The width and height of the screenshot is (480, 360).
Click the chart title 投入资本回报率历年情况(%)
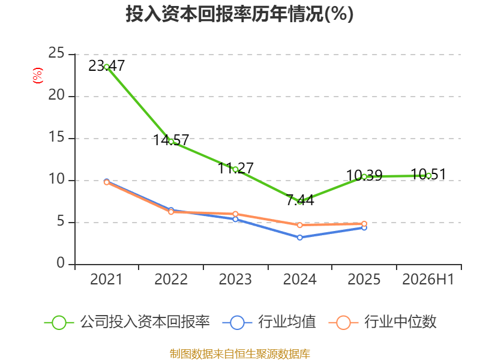click(239, 14)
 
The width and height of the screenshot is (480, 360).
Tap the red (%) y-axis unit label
click(38, 76)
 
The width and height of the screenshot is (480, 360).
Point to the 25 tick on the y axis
click(56, 53)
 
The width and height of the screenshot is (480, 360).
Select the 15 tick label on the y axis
click(56, 137)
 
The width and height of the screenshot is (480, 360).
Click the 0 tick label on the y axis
click(61, 263)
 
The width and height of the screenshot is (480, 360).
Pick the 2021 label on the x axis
click(106, 279)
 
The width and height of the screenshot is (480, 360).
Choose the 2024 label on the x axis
click(299, 279)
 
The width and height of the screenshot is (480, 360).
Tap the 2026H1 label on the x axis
click(428, 279)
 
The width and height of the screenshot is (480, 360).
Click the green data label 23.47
click(107, 66)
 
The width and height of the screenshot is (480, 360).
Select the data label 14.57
click(171, 140)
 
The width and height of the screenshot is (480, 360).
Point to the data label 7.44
click(300, 200)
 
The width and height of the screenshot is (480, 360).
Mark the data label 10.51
click(428, 175)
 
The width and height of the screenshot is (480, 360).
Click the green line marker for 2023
click(235, 169)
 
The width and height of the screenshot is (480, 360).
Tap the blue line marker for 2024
click(299, 238)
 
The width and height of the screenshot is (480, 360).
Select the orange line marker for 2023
click(235, 214)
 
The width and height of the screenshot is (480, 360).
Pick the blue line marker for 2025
click(364, 227)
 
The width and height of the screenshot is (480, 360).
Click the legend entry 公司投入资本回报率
click(127, 322)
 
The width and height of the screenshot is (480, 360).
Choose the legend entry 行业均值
click(269, 322)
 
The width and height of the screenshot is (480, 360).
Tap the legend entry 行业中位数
click(382, 322)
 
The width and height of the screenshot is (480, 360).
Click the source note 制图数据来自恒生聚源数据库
click(240, 354)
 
